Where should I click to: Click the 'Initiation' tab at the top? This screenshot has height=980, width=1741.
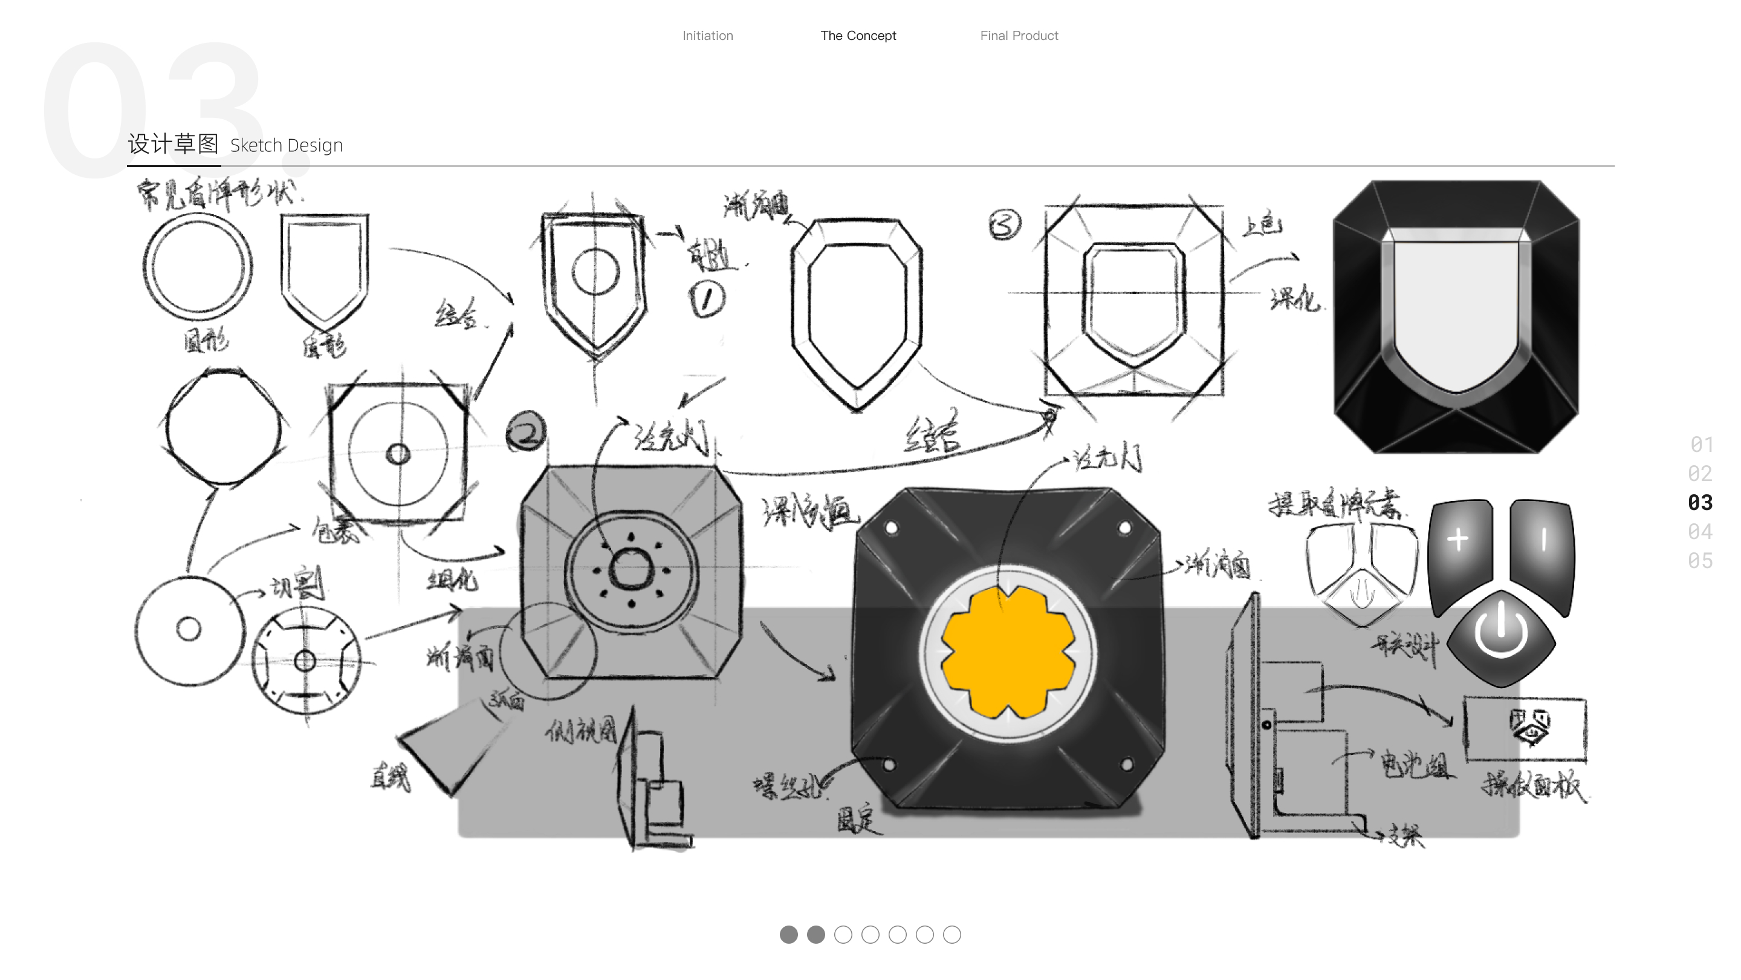(708, 36)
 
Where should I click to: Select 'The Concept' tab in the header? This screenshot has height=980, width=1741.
(858, 36)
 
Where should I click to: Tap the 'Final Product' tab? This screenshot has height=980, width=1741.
(1019, 36)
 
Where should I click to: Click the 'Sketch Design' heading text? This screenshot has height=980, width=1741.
(286, 145)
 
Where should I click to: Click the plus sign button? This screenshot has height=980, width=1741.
(1458, 540)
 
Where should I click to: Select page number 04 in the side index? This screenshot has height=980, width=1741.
(1700, 532)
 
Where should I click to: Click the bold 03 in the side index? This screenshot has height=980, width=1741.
(1700, 503)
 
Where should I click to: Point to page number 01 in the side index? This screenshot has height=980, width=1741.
(1701, 445)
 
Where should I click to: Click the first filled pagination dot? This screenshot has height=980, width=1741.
(788, 935)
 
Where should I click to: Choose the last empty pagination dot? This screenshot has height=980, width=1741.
(952, 935)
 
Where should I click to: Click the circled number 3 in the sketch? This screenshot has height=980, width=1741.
(1004, 225)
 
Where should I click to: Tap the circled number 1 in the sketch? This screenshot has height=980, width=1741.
(707, 299)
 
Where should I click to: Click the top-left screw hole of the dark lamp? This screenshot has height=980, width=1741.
(892, 528)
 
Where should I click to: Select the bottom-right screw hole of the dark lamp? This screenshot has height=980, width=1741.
(1127, 764)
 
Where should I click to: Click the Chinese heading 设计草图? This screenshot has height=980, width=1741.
(173, 144)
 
